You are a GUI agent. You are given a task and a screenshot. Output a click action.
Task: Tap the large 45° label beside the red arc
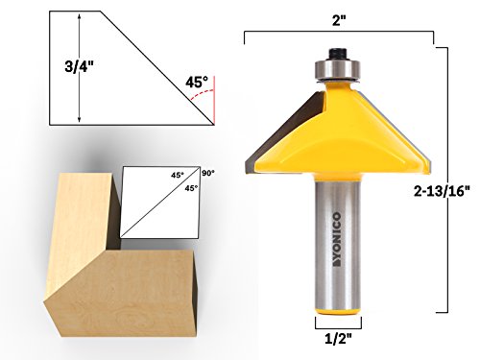point(198,83)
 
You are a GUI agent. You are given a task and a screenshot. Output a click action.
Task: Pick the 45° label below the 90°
point(191,188)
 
